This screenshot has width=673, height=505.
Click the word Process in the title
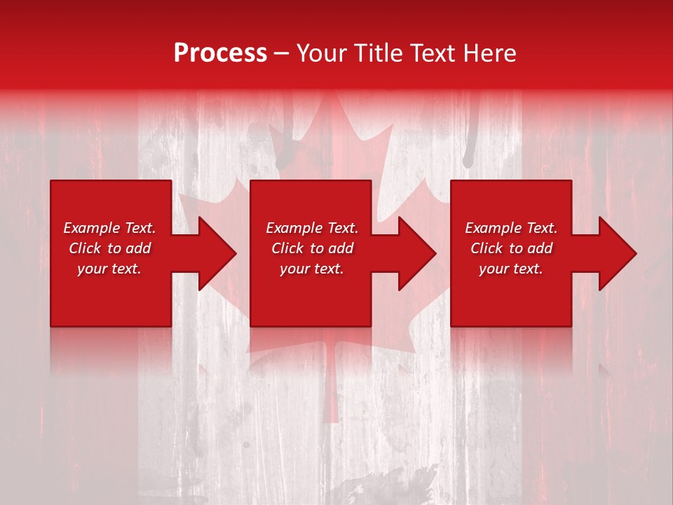[220, 53]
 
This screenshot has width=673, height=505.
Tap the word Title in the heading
[376, 53]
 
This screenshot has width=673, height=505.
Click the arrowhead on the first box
[210, 253]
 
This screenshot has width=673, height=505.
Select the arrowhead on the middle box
[411, 253]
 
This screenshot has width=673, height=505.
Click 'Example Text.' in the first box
[109, 228]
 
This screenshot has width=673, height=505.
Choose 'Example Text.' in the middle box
[312, 228]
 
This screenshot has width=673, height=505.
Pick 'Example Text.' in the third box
[511, 228]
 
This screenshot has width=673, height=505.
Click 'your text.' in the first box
[109, 269]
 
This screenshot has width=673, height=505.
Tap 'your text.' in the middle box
[312, 269]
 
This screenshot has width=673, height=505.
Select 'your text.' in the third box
[511, 269]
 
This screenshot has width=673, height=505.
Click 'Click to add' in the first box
[109, 248]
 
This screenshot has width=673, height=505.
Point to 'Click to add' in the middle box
[312, 248]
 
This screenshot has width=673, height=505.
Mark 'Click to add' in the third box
[511, 248]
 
